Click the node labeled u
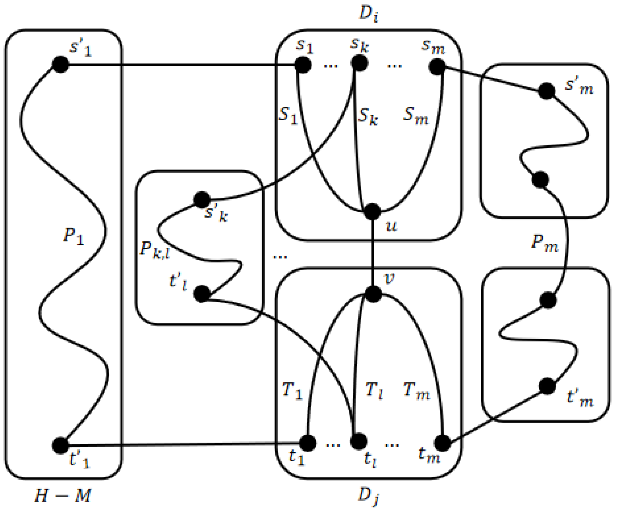(x=372, y=211)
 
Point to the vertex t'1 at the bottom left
(x=61, y=445)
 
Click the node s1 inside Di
(x=303, y=65)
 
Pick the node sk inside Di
(x=359, y=63)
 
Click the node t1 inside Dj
(x=308, y=443)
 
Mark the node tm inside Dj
(x=443, y=443)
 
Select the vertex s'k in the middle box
(x=202, y=200)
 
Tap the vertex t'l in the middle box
(x=202, y=294)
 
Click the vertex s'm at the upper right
(x=547, y=91)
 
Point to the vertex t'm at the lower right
(x=547, y=386)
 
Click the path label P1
(x=73, y=236)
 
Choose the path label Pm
(x=545, y=244)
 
